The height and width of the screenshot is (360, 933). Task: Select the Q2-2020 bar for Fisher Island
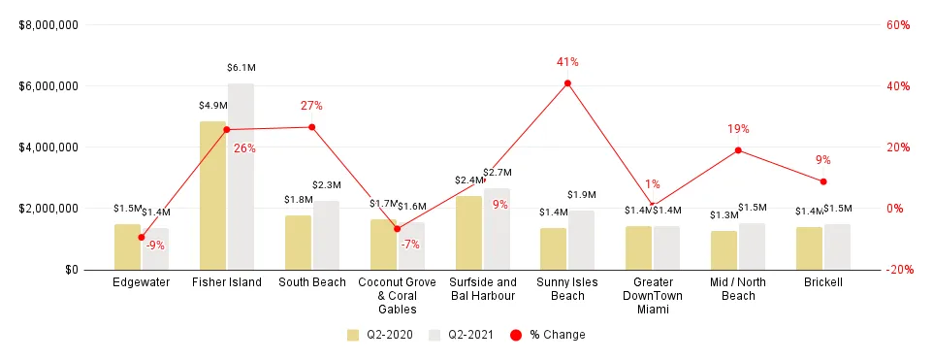(212, 195)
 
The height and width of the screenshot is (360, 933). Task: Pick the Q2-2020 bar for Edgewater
(127, 246)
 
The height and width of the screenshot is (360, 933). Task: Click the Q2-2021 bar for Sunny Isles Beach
(582, 240)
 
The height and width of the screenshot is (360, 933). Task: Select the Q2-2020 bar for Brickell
(809, 248)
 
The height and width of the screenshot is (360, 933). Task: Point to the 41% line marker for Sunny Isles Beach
(567, 83)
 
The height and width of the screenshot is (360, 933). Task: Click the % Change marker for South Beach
(312, 127)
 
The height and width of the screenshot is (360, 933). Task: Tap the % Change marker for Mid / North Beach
(738, 150)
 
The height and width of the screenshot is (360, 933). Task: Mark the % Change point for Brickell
(823, 181)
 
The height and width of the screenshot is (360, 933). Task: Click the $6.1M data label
(241, 68)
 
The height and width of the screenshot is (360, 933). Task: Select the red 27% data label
(311, 106)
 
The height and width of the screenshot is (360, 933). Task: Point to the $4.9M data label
(212, 105)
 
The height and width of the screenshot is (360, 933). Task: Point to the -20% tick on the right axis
(897, 270)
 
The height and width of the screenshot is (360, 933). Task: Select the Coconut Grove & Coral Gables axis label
(397, 296)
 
